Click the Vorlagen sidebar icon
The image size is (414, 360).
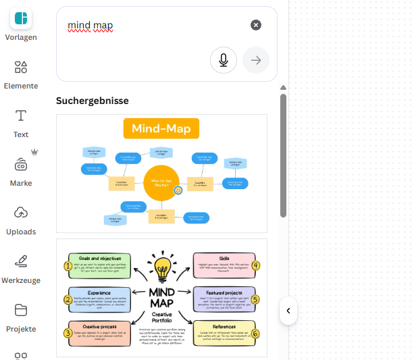[20, 18]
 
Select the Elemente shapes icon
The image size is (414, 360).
[20, 67]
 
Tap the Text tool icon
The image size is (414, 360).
[20, 115]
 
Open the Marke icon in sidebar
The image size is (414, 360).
[20, 164]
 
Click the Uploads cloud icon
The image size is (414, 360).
[20, 213]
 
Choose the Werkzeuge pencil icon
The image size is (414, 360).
[20, 261]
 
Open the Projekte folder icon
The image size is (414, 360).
[20, 310]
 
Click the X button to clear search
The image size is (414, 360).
[256, 25]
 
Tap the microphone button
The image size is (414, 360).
[223, 60]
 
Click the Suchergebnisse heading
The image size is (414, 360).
[92, 101]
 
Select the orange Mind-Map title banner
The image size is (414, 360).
[161, 128]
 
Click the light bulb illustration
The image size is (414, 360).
[161, 267]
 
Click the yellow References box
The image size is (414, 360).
[224, 333]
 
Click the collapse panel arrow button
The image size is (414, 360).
[288, 311]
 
